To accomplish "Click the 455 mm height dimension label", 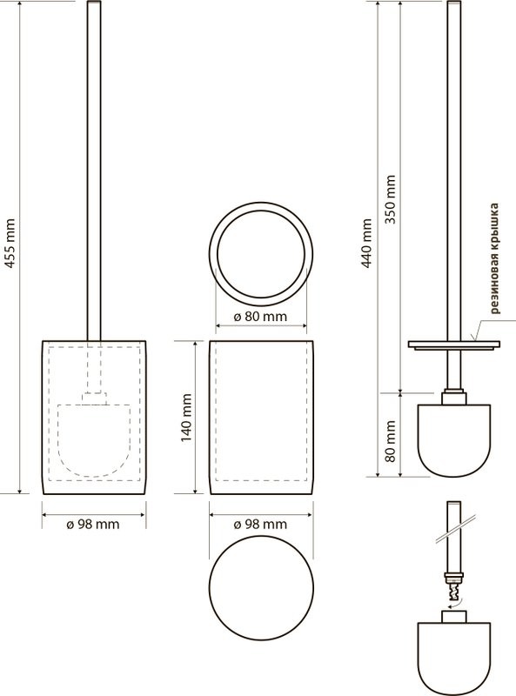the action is [x=10, y=244].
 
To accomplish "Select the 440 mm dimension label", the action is [x=366, y=243].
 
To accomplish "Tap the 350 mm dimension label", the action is [x=391, y=199].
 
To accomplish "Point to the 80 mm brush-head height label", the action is [x=391, y=441].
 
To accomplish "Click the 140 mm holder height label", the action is [x=186, y=418].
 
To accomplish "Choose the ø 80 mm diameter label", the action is [x=260, y=317].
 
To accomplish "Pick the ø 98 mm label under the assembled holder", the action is [x=93, y=525].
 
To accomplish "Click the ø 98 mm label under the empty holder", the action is [x=260, y=525].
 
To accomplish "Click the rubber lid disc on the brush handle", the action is [x=454, y=345].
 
